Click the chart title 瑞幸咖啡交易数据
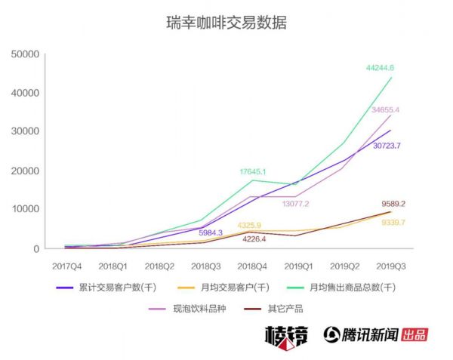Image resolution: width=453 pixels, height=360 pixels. point(226,23)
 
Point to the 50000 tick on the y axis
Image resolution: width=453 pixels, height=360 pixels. point(26,54)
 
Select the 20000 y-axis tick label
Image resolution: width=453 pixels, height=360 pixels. point(26,171)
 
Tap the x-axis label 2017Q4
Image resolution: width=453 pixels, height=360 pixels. point(67,266)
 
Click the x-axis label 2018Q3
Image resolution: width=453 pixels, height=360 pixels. point(206,266)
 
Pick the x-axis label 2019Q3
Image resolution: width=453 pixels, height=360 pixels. point(391,266)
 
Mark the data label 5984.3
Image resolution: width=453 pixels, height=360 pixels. point(211,232)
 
